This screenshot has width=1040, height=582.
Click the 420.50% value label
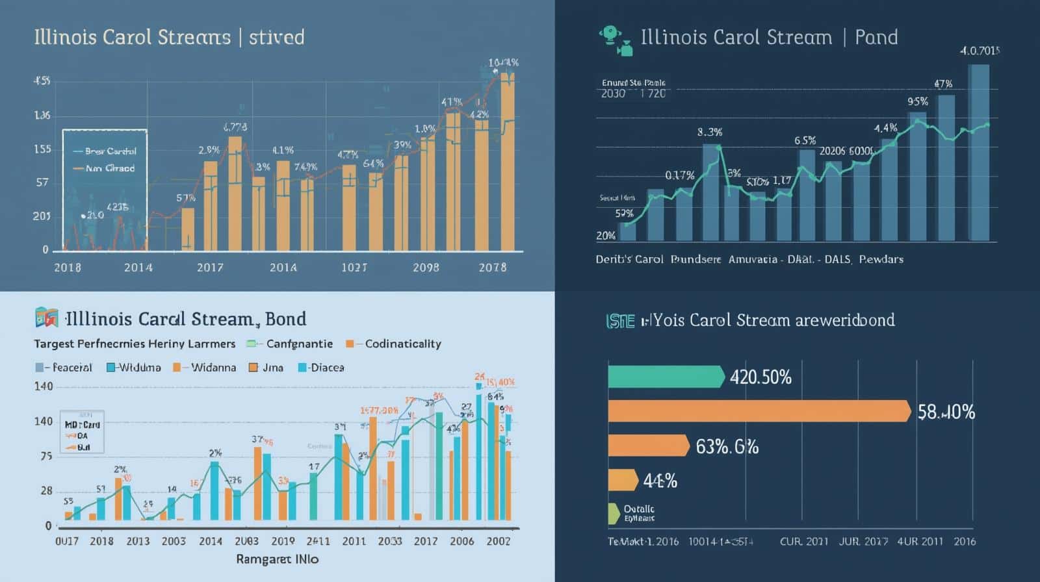[760, 377]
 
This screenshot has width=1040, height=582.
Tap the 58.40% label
[946, 412]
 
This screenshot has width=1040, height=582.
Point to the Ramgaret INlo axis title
[277, 559]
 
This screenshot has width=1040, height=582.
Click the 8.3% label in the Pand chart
[709, 132]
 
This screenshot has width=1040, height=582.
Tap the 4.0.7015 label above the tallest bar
[979, 51]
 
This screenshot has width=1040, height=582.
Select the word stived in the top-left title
[276, 37]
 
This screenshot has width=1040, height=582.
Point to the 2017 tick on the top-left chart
[210, 267]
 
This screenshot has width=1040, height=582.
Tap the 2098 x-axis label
[426, 267]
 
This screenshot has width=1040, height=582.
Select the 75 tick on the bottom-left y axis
[46, 456]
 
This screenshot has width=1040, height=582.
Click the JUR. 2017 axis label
[863, 541]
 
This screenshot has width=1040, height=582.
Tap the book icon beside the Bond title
[46, 318]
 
